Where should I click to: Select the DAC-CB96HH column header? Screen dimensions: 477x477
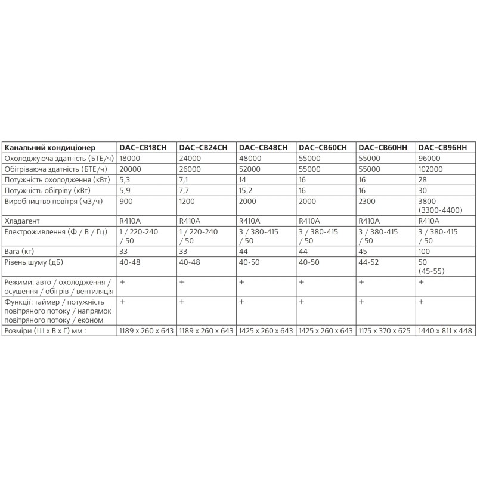coord(442,148)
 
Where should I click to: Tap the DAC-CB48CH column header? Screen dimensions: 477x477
coord(263,148)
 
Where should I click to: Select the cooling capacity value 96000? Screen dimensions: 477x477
coord(429,159)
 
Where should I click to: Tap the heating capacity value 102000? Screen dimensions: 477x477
coord(432,169)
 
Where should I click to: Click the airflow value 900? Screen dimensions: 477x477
coord(126,202)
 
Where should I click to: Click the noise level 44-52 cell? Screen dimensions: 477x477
coord(369,261)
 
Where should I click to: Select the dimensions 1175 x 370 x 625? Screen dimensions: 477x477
coord(385,330)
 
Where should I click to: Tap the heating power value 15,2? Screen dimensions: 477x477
coord(246,191)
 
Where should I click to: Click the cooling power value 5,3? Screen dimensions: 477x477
coord(125,180)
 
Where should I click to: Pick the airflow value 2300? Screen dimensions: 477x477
coord(367,202)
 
